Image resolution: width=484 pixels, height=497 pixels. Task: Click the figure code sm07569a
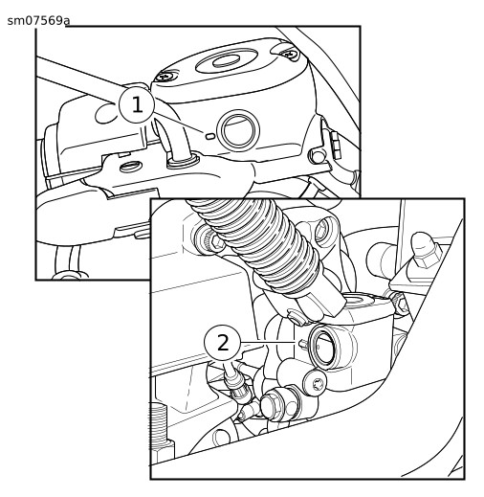click(x=38, y=21)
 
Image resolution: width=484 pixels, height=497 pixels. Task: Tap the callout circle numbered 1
click(x=137, y=104)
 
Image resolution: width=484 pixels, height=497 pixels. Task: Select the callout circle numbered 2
click(x=222, y=343)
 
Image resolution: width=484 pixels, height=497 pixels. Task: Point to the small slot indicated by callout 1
click(x=210, y=136)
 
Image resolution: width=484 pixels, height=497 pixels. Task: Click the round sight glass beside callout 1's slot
click(x=238, y=130)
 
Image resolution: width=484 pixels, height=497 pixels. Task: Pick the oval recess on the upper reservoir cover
click(x=226, y=60)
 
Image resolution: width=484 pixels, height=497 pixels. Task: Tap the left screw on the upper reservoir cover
click(x=165, y=77)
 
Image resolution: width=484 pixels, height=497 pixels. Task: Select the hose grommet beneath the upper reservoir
click(x=183, y=161)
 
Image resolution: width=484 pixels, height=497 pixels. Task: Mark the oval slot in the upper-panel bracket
click(x=130, y=166)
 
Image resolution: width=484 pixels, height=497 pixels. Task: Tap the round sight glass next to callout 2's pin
click(x=323, y=347)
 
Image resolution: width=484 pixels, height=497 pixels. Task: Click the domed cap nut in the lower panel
click(x=427, y=249)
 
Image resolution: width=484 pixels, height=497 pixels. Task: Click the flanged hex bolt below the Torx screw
click(x=275, y=405)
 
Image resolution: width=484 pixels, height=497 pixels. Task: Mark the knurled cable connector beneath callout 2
click(x=238, y=386)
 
